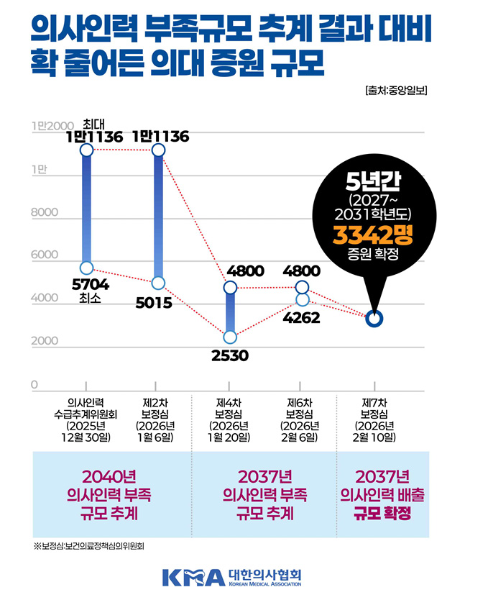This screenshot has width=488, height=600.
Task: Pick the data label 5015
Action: pos(153,303)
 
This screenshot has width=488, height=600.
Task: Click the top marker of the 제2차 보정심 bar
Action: pos(158,150)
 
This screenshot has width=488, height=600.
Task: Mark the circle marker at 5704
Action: pos(87,268)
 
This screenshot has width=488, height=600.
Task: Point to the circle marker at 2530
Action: pos(230,337)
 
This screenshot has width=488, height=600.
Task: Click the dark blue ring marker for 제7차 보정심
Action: pos(374,318)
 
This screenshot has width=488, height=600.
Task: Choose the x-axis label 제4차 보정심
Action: pos(231,419)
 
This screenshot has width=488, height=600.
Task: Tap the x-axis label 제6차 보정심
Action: pos(301,419)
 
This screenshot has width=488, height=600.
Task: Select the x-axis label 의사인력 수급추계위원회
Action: pos(86,419)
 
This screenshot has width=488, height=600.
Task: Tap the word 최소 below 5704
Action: pos(86,299)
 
